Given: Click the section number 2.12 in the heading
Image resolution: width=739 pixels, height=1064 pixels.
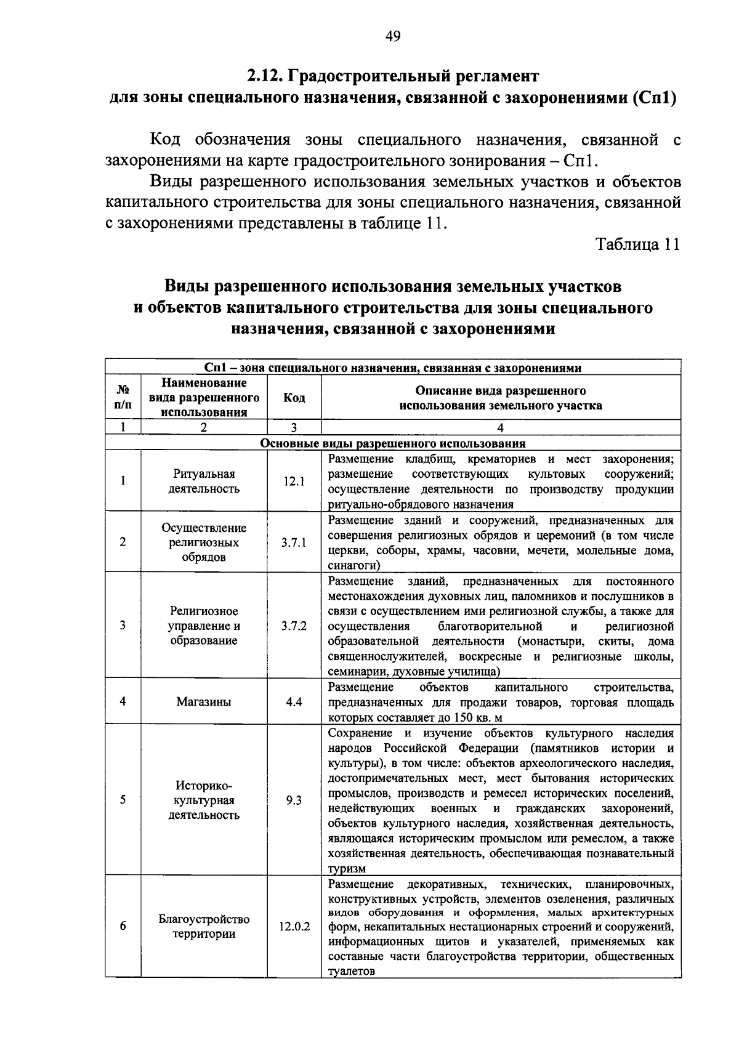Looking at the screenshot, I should [x=264, y=76].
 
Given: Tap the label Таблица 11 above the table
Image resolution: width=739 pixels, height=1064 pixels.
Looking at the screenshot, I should [x=637, y=244].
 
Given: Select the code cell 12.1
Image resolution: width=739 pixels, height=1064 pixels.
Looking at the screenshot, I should [x=294, y=482].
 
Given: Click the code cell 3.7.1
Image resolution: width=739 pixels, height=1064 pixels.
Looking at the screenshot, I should [x=294, y=542].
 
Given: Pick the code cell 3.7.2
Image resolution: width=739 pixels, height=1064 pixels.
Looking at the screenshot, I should [x=294, y=626].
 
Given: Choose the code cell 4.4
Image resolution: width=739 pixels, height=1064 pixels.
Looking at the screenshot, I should [x=294, y=701].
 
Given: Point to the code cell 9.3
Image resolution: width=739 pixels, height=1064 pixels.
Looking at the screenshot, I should [x=294, y=800].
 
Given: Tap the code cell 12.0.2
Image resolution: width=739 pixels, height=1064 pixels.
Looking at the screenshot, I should [x=294, y=926].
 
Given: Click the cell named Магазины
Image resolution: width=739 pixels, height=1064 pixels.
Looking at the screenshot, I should [x=204, y=701].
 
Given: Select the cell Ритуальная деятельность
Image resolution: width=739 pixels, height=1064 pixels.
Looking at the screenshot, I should [x=204, y=482].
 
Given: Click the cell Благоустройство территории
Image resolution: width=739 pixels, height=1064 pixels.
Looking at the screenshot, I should [x=204, y=926].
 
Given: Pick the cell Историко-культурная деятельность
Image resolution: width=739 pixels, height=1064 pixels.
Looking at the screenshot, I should [x=204, y=800].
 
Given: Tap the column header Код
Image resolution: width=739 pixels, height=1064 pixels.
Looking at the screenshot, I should [x=294, y=398].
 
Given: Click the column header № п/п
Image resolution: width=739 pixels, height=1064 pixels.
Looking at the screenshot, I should [x=123, y=398].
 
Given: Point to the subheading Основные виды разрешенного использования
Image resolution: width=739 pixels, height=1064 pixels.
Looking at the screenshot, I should [x=393, y=443].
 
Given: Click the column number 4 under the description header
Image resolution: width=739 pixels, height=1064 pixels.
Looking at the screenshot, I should [x=500, y=428].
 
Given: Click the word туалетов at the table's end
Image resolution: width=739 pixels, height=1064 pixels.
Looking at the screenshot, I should [x=351, y=971].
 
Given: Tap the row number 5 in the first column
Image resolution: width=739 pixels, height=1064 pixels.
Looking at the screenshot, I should [x=123, y=800].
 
